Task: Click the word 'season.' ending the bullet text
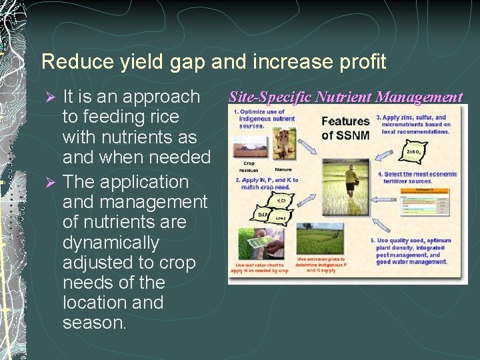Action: (94, 323)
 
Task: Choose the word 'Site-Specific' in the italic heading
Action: (270, 97)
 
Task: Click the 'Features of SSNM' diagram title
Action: (345, 129)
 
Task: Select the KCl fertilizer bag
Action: (281, 201)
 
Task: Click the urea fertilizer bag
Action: (281, 218)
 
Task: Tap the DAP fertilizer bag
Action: (263, 215)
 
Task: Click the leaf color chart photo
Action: (259, 243)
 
